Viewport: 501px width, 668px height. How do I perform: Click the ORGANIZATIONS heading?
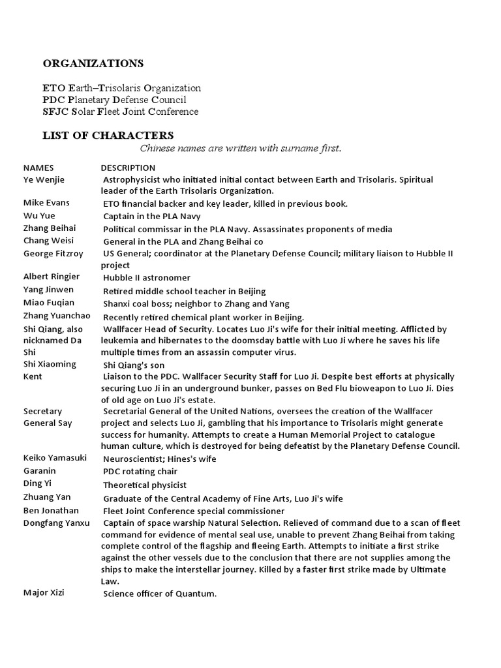93,64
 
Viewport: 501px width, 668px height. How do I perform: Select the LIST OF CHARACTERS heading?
108,136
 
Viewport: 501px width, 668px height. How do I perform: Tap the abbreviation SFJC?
55,112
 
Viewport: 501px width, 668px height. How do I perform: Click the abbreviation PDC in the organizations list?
53,100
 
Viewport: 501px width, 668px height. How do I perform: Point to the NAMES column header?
38,168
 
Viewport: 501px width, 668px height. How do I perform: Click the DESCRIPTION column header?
128,168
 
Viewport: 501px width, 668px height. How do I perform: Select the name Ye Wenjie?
44,179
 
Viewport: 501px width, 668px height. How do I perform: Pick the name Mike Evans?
46,203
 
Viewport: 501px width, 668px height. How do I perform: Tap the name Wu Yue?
39,216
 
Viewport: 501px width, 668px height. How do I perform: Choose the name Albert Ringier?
52,277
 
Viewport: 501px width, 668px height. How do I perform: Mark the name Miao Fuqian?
49,303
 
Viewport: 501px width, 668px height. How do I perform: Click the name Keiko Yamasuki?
55,458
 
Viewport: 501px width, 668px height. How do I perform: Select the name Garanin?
40,471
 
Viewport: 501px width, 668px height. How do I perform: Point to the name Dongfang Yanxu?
56,523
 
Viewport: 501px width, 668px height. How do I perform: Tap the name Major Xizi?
44,593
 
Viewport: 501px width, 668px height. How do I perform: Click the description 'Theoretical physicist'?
145,485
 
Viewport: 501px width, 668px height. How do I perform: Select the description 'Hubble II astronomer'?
147,278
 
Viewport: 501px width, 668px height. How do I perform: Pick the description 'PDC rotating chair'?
140,472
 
